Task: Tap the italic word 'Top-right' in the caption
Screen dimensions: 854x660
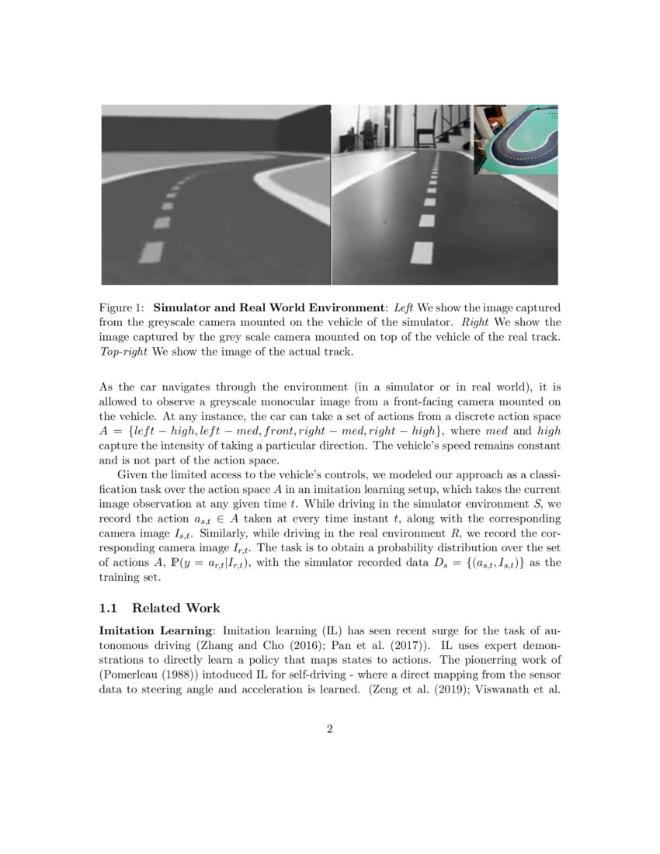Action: click(x=123, y=352)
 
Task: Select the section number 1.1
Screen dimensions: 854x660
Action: click(x=110, y=608)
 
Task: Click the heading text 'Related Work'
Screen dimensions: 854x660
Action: click(x=176, y=608)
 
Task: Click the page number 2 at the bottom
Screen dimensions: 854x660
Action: click(x=330, y=728)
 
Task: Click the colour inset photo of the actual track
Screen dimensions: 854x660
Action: click(x=516, y=139)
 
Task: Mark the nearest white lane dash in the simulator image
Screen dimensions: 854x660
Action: click(x=152, y=252)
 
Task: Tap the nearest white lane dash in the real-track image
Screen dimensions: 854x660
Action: click(x=422, y=252)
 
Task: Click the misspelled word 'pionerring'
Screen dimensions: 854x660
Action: click(x=492, y=659)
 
